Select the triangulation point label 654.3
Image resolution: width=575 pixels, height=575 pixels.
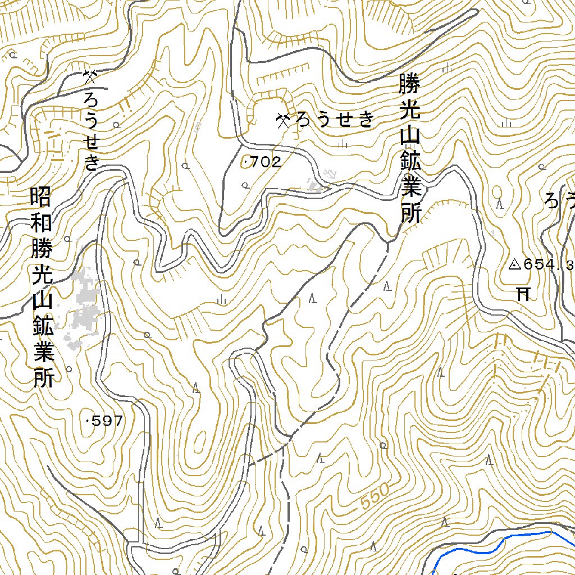pyautogui.click(x=548, y=264)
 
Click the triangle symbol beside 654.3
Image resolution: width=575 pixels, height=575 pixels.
pyautogui.click(x=514, y=264)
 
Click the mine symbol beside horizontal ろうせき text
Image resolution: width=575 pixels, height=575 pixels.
pyautogui.click(x=283, y=120)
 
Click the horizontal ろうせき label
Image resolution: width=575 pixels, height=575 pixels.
pyautogui.click(x=334, y=120)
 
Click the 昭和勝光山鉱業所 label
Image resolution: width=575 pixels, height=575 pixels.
pyautogui.click(x=42, y=287)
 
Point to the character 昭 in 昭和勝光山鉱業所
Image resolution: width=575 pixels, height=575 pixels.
pyautogui.click(x=42, y=197)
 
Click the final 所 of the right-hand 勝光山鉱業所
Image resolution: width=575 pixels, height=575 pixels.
pyautogui.click(x=410, y=213)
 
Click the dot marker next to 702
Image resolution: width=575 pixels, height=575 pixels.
pyautogui.click(x=247, y=163)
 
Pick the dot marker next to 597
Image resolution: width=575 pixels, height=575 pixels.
pyautogui.click(x=88, y=421)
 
